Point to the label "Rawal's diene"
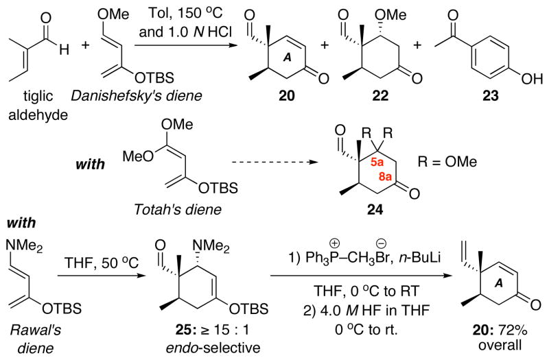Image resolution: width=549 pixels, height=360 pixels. (29, 337)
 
